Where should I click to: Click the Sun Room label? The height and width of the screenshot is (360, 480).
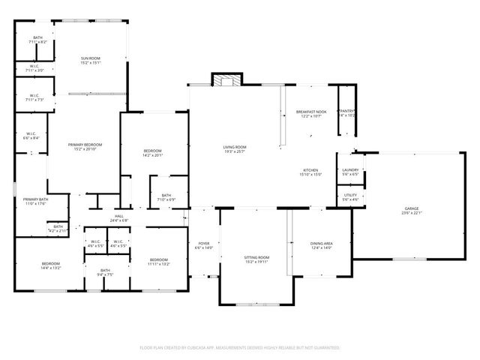tap(91, 58)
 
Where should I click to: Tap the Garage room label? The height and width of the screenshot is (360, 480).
tap(411, 209)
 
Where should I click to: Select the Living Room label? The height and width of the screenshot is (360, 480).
tap(235, 146)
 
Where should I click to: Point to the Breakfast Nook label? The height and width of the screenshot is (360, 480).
tap(310, 111)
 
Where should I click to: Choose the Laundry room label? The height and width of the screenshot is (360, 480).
tap(350, 169)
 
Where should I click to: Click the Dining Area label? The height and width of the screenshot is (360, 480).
tap(321, 244)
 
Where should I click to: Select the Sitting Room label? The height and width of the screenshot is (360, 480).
tap(256, 257)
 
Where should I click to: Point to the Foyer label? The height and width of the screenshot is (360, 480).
tap(203, 244)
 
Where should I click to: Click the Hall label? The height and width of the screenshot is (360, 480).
tap(118, 215)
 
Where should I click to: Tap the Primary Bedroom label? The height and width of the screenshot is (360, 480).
tap(85, 144)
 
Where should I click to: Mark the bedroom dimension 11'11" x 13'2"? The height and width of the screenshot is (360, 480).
tap(158, 264)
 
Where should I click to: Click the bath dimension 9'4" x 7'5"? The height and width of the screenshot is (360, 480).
tap(105, 274)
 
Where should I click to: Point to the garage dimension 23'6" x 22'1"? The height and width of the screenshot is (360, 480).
tap(411, 214)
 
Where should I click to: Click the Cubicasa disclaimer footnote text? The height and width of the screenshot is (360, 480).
tap(240, 348)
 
